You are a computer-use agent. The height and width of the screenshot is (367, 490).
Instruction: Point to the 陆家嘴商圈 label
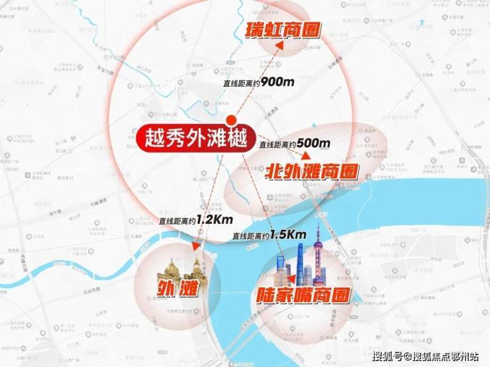[x=303, y=295]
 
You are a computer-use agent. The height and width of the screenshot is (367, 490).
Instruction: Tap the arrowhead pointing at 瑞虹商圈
[x=281, y=44]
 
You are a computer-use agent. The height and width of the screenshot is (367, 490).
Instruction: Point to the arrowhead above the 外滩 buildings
[x=195, y=246]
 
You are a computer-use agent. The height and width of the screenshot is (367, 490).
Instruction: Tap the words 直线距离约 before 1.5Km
[x=250, y=236]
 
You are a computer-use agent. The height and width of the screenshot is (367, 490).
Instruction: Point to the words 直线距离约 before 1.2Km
[x=175, y=221]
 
